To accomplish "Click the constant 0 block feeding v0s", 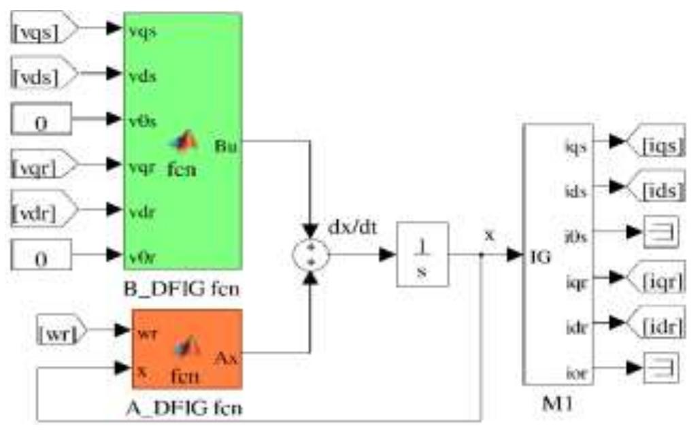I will click(x=41, y=120).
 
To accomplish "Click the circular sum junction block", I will click(x=310, y=256).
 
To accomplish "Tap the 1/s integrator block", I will click(x=422, y=254).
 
